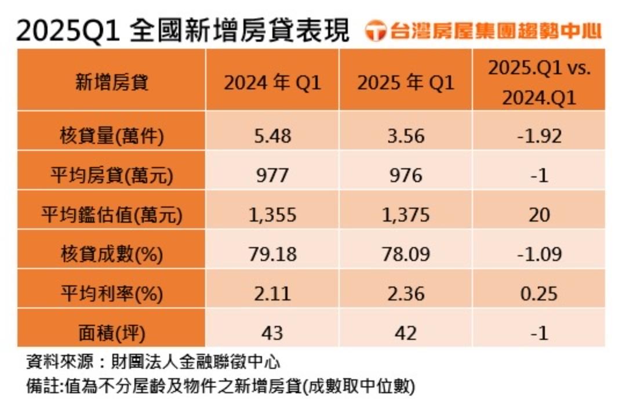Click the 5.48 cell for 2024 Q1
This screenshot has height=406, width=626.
(272, 136)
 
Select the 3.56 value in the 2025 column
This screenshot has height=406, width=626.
(406, 136)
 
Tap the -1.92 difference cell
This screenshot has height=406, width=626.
(539, 136)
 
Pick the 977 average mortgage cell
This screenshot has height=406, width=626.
(272, 175)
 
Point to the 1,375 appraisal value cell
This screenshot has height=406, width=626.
(406, 215)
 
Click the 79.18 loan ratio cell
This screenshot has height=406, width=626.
(272, 254)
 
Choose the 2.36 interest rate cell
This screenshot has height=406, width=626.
(406, 293)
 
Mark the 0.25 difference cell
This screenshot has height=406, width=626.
(539, 293)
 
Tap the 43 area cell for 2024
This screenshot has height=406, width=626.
(272, 333)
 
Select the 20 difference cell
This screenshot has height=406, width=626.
(539, 215)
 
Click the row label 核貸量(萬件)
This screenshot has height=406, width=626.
(112, 136)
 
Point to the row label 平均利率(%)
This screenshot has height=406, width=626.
(112, 293)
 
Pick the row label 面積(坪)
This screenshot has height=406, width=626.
(112, 333)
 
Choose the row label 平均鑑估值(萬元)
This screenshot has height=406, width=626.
(112, 215)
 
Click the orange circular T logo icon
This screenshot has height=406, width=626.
(377, 32)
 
